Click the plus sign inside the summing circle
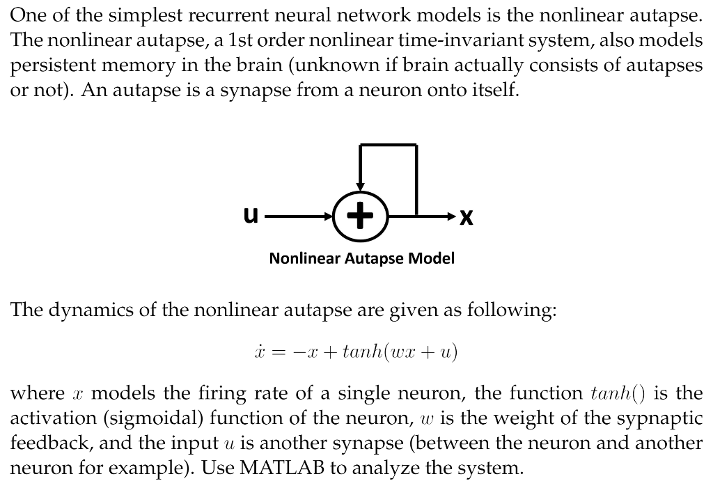tap(359, 216)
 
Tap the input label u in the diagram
tap(251, 216)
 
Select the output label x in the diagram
tap(467, 218)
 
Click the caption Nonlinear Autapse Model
tap(361, 259)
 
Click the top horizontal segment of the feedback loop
tap(387, 145)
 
